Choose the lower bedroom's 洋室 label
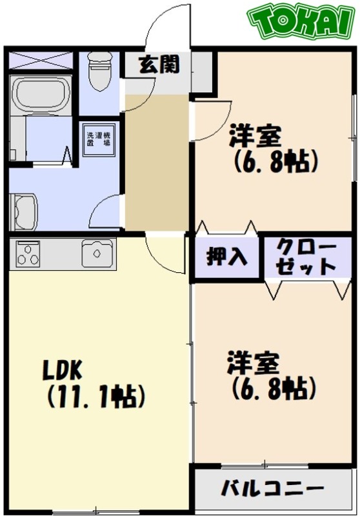tap(252, 364)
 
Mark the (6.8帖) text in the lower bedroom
tap(273, 388)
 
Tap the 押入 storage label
tap(226, 257)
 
